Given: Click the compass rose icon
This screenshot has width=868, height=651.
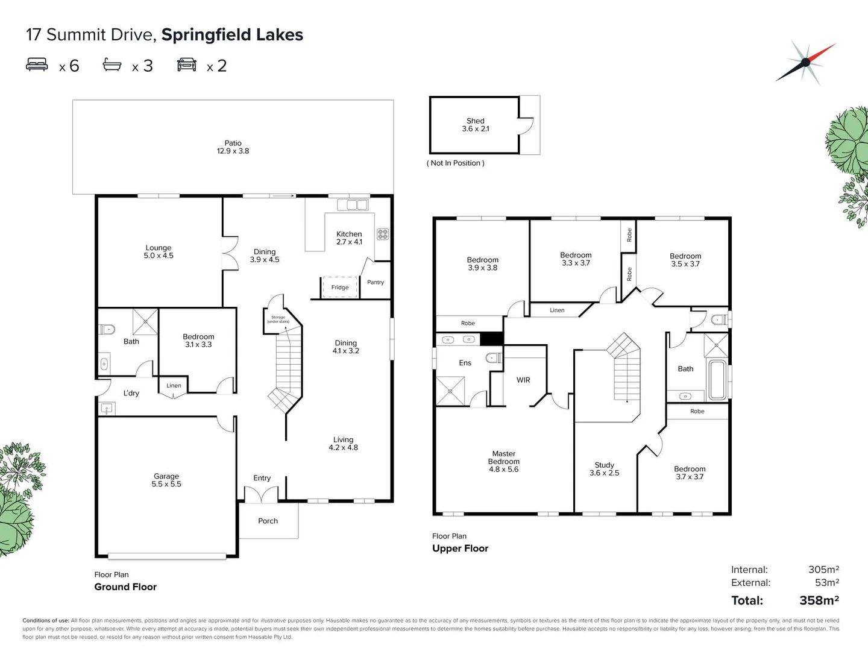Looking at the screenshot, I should [x=805, y=62].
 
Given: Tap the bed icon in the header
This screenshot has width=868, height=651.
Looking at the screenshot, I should [x=37, y=64].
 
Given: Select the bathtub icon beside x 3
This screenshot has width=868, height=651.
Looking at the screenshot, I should [x=112, y=64].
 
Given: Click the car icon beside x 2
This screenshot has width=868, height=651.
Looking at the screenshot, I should [x=187, y=64].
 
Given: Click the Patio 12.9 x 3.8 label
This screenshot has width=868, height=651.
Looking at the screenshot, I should [x=233, y=147].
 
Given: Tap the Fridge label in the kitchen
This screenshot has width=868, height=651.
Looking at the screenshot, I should [x=340, y=288].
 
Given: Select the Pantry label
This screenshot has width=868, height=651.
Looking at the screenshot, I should [x=376, y=282].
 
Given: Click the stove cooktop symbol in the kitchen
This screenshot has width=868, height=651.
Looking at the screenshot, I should [x=383, y=234].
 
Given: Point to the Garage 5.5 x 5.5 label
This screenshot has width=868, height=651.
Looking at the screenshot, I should [x=166, y=480].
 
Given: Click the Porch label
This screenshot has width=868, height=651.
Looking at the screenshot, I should [x=268, y=521].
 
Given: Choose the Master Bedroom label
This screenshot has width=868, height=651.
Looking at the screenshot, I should [x=504, y=461].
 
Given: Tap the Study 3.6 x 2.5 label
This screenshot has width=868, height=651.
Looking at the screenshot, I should [x=605, y=469].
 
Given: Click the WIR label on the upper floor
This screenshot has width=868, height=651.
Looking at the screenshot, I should [x=523, y=380].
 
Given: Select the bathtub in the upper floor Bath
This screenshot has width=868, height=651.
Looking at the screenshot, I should [x=717, y=380].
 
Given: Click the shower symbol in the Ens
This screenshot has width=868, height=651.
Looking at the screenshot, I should [x=450, y=391].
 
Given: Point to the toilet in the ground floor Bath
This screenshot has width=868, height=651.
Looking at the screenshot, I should [x=107, y=329].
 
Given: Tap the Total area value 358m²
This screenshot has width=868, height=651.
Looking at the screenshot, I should [x=819, y=600].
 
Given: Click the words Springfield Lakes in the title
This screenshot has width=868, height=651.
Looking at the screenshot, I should [x=232, y=35].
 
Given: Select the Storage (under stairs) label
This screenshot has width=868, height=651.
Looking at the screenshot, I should [x=278, y=319].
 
